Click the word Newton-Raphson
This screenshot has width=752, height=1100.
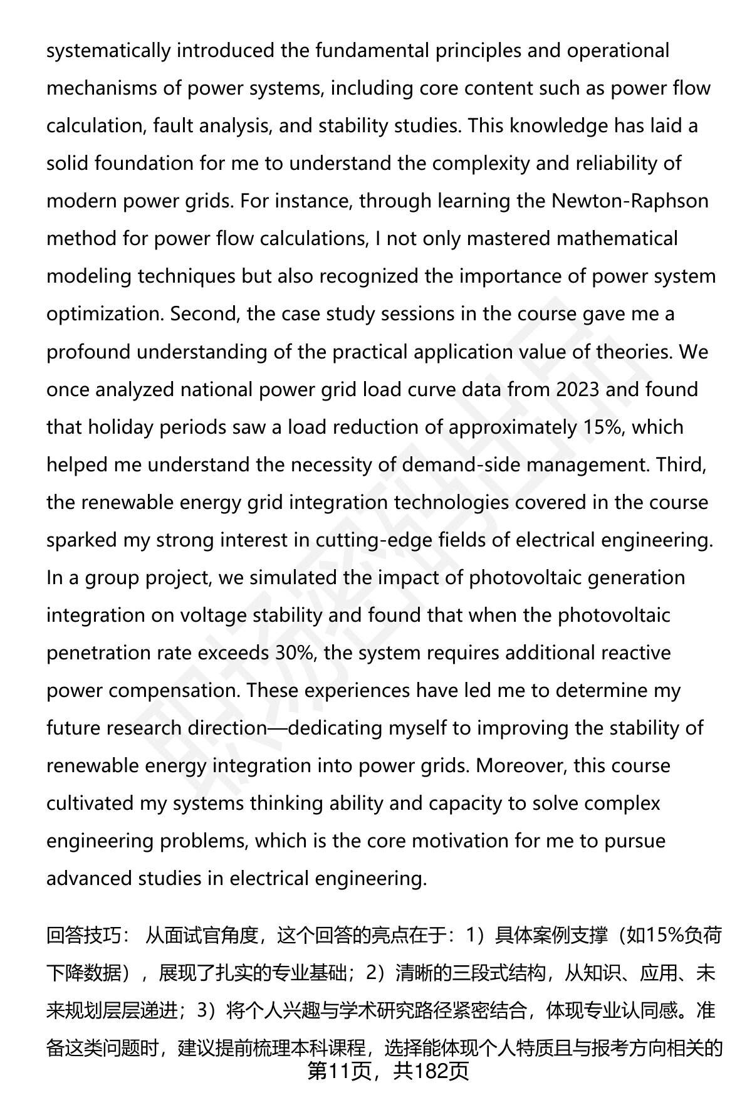(x=630, y=201)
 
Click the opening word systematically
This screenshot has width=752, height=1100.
(x=108, y=51)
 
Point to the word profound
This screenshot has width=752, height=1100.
(x=89, y=352)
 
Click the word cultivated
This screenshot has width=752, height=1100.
(x=90, y=803)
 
